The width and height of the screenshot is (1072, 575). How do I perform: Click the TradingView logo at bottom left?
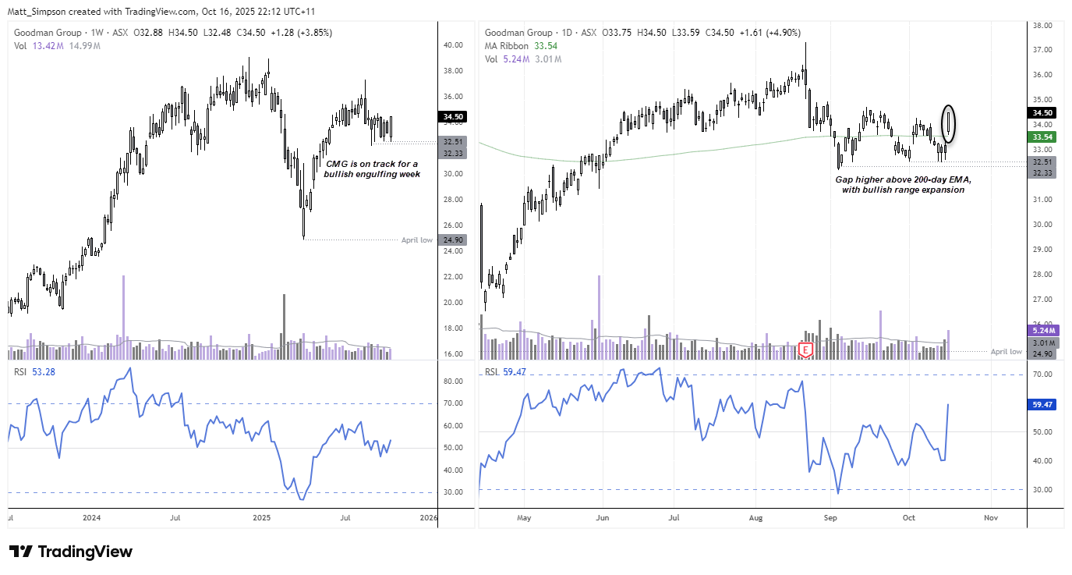(71, 552)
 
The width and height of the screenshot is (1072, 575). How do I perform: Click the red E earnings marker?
(805, 350)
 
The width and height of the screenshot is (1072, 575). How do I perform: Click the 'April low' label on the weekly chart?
(416, 240)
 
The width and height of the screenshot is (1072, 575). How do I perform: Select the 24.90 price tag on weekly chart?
(454, 240)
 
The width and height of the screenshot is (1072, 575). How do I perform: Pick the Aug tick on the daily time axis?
(755, 517)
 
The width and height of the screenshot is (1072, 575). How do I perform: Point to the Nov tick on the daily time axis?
(991, 517)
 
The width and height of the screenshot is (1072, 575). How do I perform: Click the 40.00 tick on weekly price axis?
(454, 45)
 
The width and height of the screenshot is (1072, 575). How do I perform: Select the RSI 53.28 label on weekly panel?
(31, 372)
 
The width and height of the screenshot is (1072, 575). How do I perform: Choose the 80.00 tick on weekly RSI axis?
(454, 382)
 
